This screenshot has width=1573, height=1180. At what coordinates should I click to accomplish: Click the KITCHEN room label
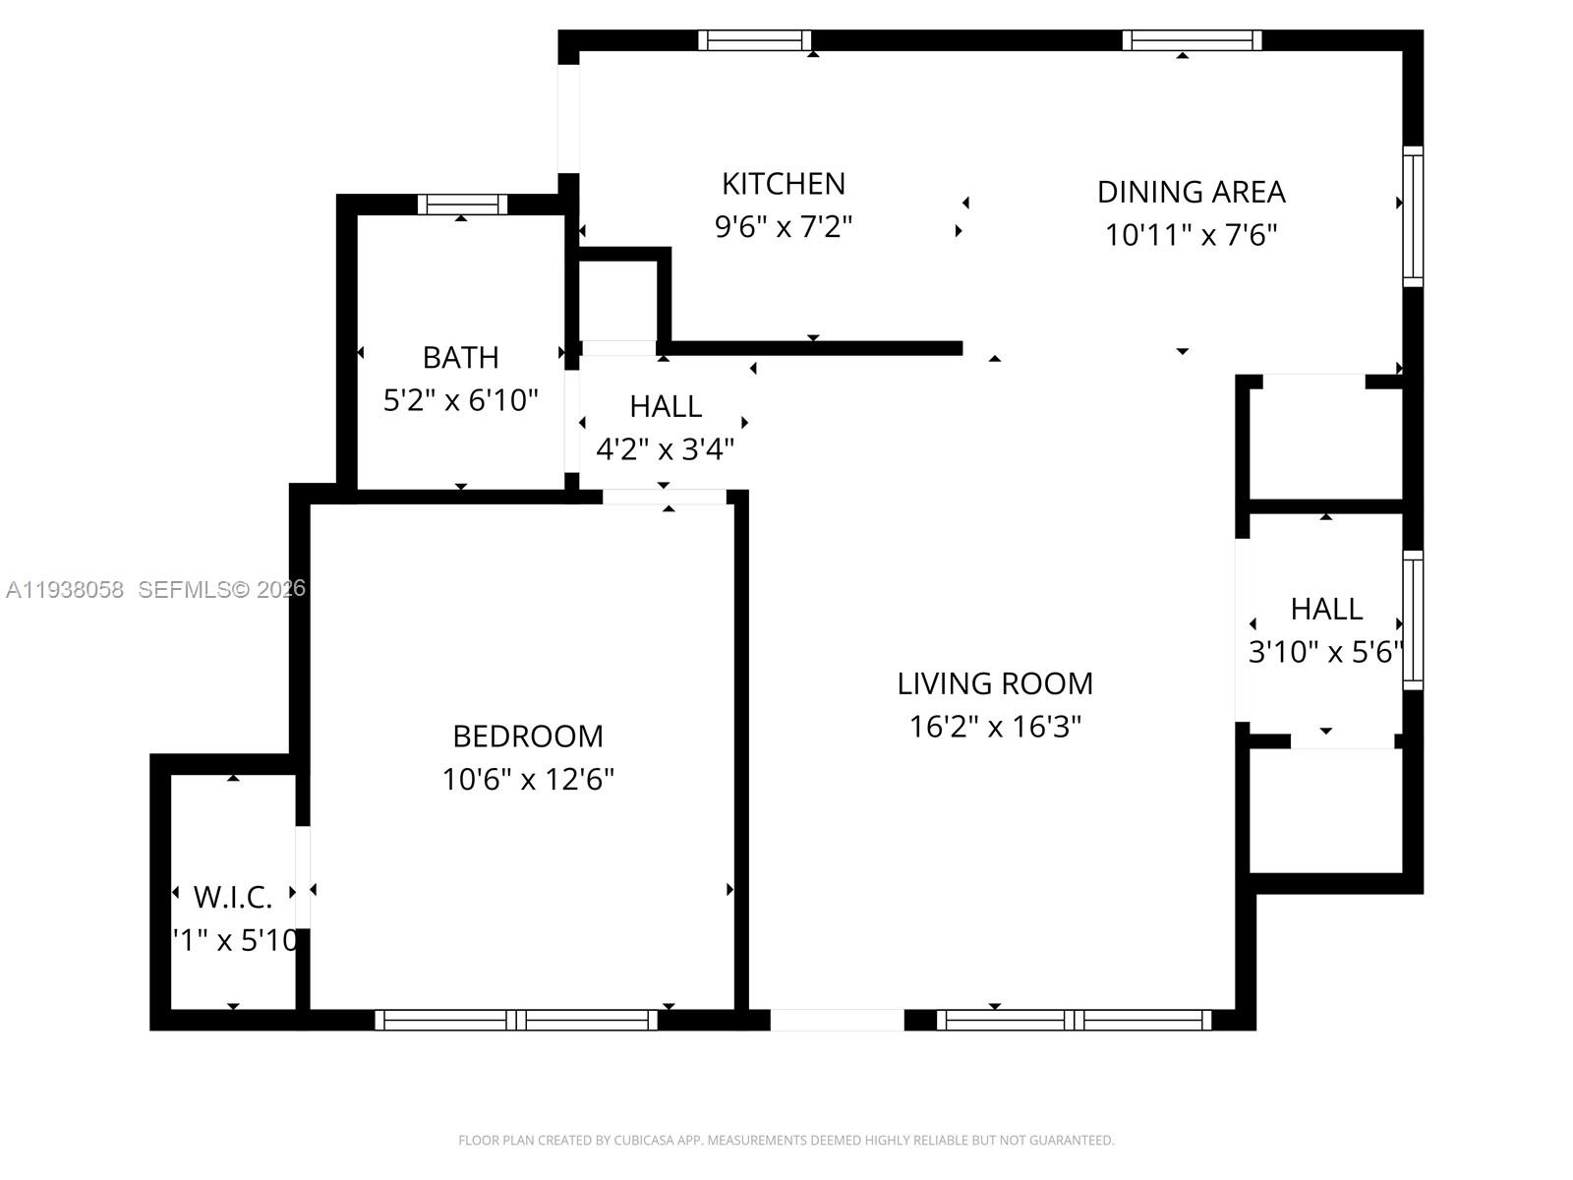(x=783, y=184)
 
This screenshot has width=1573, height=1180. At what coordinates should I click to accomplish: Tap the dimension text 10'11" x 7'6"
(x=1191, y=235)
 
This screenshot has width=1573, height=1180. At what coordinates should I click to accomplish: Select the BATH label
(x=460, y=357)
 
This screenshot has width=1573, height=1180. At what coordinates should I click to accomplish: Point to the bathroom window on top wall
(x=462, y=205)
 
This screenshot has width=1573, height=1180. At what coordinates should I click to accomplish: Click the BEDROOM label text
(x=528, y=736)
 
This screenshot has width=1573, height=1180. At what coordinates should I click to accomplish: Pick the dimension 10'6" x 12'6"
(x=528, y=780)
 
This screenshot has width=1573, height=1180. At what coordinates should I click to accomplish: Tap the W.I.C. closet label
(x=233, y=897)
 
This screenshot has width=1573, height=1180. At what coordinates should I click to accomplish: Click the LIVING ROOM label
(x=995, y=683)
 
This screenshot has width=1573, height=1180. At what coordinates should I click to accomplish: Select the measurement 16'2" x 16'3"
(x=995, y=727)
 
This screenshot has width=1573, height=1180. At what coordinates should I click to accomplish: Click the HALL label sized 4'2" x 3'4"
(x=666, y=406)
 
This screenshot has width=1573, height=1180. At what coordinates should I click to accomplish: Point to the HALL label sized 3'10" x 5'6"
(x=1326, y=609)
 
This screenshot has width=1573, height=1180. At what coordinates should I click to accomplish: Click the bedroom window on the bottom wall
(x=516, y=1020)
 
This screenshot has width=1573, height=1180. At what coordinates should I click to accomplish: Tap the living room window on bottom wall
(x=1074, y=1020)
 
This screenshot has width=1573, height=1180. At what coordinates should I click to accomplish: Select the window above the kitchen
(x=754, y=40)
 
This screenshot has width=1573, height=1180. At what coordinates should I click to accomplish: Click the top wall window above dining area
(x=1192, y=40)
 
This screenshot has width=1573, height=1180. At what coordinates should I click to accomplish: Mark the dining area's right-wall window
(x=1413, y=216)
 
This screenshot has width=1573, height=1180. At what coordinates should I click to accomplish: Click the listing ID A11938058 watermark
(x=65, y=589)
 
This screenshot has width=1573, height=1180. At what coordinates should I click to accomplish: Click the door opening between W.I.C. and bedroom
(x=303, y=876)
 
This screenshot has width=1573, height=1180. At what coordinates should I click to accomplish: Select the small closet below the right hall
(x=1325, y=810)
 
